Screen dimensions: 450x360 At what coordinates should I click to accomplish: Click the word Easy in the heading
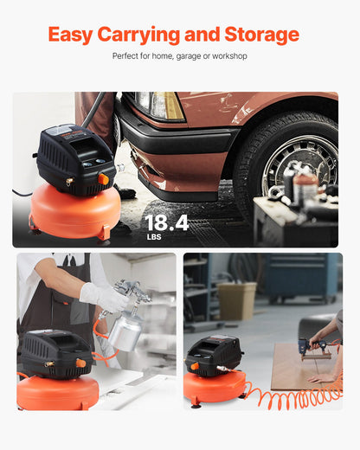pos(71,35)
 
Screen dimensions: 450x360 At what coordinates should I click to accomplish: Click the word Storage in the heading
pos(260,35)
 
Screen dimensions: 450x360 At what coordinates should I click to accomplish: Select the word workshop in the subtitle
pos(228,56)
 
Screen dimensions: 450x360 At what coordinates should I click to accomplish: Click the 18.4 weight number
pos(166,223)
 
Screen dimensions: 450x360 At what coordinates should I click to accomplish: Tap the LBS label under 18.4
pos(153,237)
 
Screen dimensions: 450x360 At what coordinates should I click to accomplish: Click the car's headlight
pos(164,106)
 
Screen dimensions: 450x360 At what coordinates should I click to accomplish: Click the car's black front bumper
pos(173,147)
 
